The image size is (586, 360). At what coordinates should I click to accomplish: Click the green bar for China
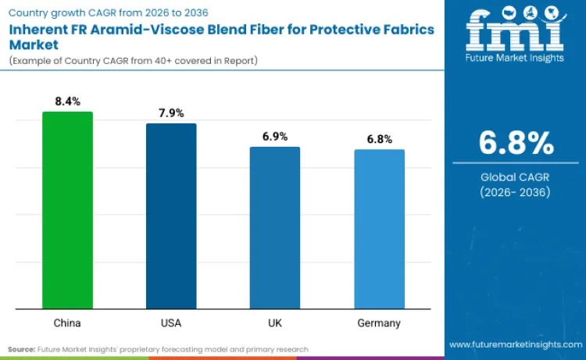point(67,210)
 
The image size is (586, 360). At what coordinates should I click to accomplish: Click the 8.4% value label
point(67,102)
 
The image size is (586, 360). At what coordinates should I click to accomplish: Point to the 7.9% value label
point(171,113)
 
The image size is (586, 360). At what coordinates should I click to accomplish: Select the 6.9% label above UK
point(275,137)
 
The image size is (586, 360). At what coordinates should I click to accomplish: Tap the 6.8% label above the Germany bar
point(380,139)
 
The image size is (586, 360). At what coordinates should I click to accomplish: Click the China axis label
point(67,323)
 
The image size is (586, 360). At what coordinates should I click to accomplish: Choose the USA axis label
point(171,323)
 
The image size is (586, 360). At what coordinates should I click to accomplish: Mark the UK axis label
point(275,323)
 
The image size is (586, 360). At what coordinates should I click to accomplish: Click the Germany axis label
point(380,323)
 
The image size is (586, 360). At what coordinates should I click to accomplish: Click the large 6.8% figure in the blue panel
point(516,144)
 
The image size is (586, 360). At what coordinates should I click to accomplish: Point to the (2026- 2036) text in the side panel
point(516,192)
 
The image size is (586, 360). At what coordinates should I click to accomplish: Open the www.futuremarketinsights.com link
point(516,344)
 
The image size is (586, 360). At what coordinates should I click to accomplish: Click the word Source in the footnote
point(21,349)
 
